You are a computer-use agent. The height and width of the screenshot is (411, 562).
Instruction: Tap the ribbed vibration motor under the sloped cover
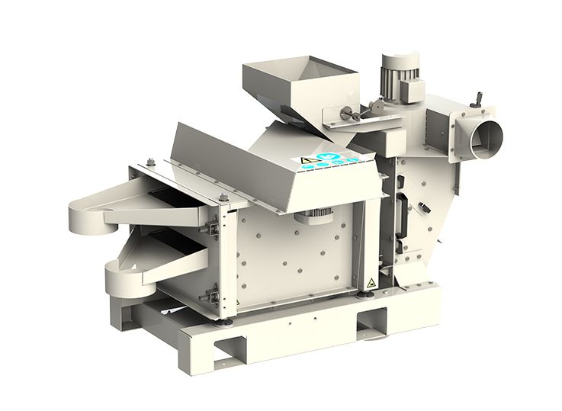[313, 217]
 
